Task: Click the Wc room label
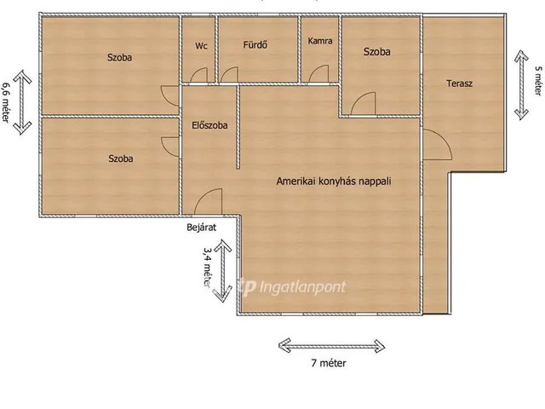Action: [x=201, y=46]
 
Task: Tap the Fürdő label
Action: [x=255, y=45]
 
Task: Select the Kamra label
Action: [x=320, y=41]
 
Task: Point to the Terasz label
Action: [x=460, y=84]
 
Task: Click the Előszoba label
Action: [x=209, y=125]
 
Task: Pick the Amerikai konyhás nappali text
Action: [x=334, y=181]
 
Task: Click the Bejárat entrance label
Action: [x=201, y=228]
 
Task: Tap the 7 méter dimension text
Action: [x=329, y=364]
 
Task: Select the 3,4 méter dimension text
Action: [x=208, y=267]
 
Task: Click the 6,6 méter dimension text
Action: [x=6, y=102]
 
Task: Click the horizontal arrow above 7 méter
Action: [x=331, y=346]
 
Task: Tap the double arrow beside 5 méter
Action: [x=521, y=85]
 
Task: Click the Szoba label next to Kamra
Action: [x=376, y=52]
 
